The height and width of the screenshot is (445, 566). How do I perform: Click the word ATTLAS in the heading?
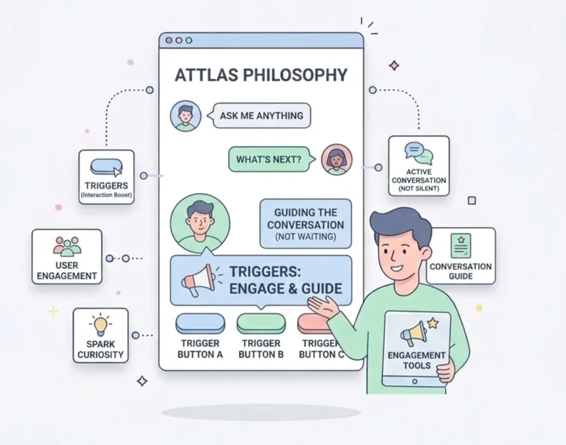click(207, 75)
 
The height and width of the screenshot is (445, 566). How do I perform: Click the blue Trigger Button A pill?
click(200, 323)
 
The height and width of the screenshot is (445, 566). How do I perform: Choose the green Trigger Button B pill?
click(261, 323)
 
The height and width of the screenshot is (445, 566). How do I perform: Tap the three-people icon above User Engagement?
click(67, 247)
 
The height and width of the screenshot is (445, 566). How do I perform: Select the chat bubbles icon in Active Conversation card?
click(418, 153)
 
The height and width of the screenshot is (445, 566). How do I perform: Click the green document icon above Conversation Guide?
click(461, 245)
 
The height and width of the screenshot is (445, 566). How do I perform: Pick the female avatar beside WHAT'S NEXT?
click(337, 160)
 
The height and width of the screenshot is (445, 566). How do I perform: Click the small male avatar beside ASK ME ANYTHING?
click(185, 116)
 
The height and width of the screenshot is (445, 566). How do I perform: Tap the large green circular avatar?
click(200, 224)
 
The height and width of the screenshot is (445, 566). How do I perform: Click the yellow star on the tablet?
click(433, 323)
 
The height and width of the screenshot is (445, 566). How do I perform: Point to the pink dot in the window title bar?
click(169, 40)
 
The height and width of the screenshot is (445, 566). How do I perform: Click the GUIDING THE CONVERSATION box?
click(306, 224)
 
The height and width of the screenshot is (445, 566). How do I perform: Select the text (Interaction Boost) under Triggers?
click(106, 195)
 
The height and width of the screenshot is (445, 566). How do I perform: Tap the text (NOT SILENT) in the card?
click(419, 189)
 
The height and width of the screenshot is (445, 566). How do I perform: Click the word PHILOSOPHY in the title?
click(295, 75)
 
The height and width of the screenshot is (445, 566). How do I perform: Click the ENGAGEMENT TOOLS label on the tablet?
click(416, 361)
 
